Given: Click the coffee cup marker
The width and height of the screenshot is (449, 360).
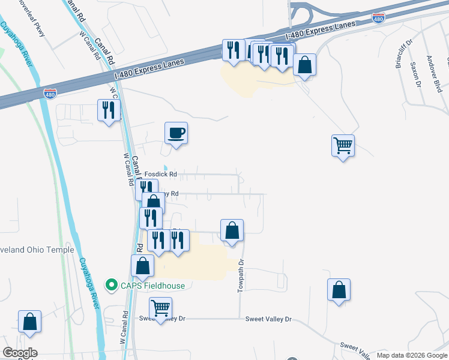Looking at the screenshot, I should tap(176, 133).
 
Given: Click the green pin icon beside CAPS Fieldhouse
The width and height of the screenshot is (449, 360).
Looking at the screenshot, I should tap(110, 285).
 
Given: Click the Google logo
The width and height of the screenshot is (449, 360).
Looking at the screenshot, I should tap(20, 353).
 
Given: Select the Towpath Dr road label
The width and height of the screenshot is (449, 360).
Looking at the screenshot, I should tap(241, 275).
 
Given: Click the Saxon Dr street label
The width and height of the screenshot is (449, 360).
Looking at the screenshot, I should tap(415, 74).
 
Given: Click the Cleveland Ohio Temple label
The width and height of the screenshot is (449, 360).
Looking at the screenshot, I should tap(36, 250).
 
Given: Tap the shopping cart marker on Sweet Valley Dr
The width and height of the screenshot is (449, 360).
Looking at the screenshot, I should tap(160, 308).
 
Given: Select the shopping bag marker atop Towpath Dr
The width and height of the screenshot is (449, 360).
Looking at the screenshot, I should tap(232, 230).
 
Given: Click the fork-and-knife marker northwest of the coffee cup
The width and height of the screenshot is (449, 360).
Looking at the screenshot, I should tap(109, 110).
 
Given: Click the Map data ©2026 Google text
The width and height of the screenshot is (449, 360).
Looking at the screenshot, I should tap(411, 355).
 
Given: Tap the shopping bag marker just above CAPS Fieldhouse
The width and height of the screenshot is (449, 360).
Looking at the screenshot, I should tap(143, 266).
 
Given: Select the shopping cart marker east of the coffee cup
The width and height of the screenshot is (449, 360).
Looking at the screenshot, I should tap(343, 145).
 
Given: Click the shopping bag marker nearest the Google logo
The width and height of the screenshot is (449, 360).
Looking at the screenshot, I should tap(29, 322).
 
